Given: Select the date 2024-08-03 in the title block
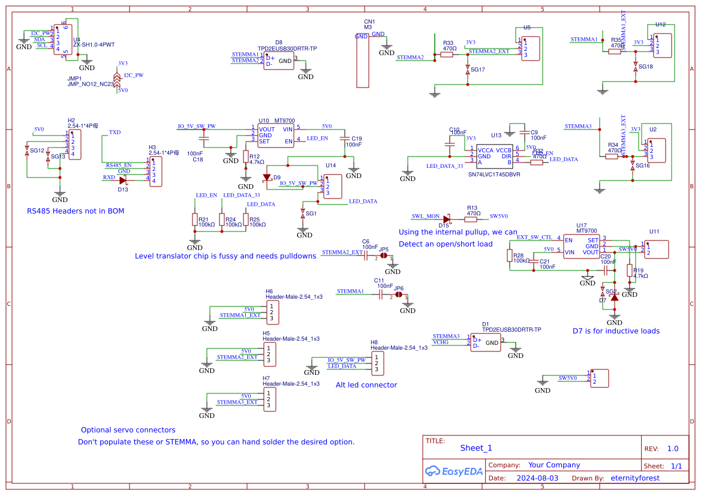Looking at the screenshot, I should (537, 478).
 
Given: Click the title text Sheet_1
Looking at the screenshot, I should (476, 448).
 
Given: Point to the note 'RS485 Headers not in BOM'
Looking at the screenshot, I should (76, 211).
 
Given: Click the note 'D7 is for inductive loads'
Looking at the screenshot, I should (616, 331).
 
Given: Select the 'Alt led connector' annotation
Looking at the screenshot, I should (366, 385).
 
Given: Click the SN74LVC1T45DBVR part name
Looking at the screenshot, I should (494, 175).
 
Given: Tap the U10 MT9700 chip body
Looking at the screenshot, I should (276, 135).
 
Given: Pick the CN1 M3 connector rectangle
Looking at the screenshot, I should (362, 60).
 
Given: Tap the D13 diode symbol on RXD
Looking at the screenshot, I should (123, 179).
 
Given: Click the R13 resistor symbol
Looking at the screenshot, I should (471, 220).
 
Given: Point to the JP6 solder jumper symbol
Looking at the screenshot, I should (399, 295).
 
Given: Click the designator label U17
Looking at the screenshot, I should (582, 225).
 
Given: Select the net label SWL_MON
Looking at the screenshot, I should (425, 216).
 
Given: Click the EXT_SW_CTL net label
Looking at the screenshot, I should (534, 238).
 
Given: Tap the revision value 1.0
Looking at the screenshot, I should (673, 449).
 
